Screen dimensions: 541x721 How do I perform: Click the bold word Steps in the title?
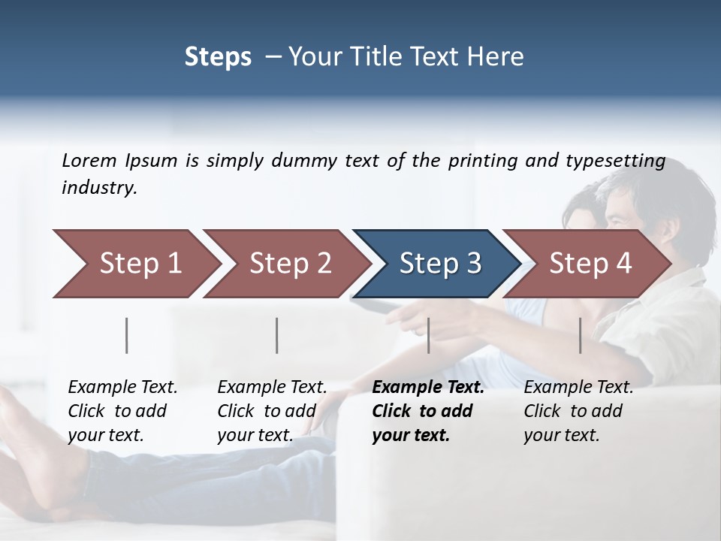click(x=218, y=57)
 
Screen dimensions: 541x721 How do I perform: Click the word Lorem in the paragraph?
click(x=89, y=160)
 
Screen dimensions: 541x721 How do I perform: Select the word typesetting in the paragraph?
click(x=616, y=161)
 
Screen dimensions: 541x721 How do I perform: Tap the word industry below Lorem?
click(x=99, y=188)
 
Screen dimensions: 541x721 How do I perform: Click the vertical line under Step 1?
click(x=127, y=335)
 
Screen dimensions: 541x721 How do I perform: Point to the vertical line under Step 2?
click(x=277, y=335)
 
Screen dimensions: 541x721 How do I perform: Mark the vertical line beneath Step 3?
click(x=429, y=335)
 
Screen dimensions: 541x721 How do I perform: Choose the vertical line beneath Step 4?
click(x=581, y=335)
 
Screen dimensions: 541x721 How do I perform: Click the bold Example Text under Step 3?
click(x=428, y=388)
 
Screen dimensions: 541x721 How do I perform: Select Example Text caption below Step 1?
click(x=122, y=388)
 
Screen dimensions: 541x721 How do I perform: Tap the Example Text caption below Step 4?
click(x=578, y=388)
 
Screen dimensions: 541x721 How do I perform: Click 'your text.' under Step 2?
click(x=255, y=435)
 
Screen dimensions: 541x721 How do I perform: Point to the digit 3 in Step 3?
click(x=472, y=264)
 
